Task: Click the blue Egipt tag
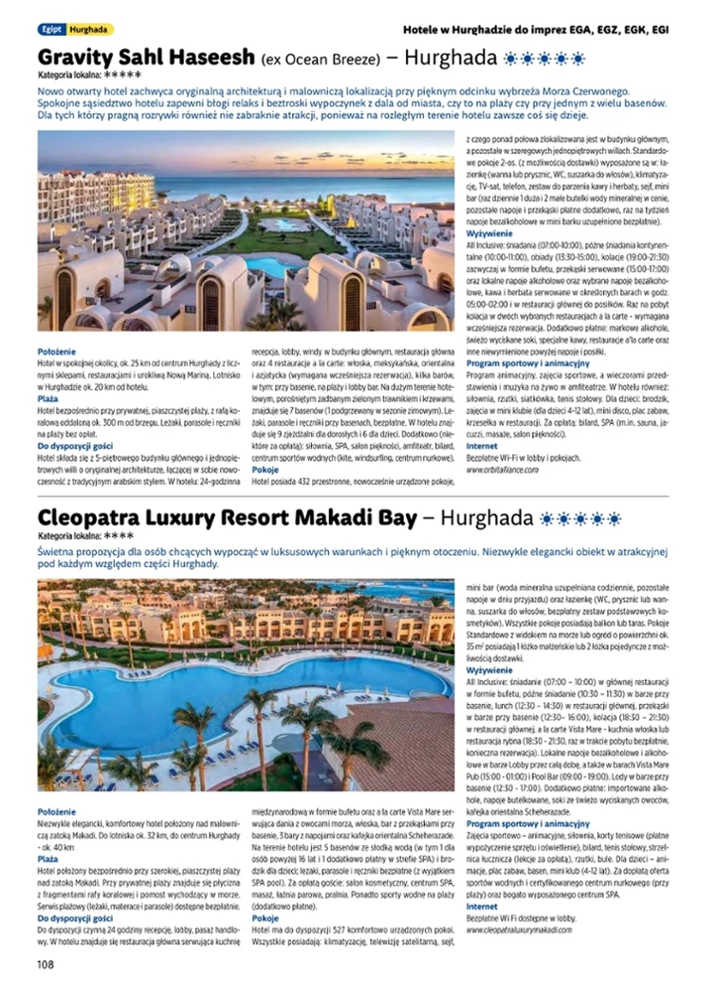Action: (50, 29)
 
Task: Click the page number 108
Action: (46, 964)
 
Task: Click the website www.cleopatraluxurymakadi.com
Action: (520, 930)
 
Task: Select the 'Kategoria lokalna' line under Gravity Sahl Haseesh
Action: (90, 74)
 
